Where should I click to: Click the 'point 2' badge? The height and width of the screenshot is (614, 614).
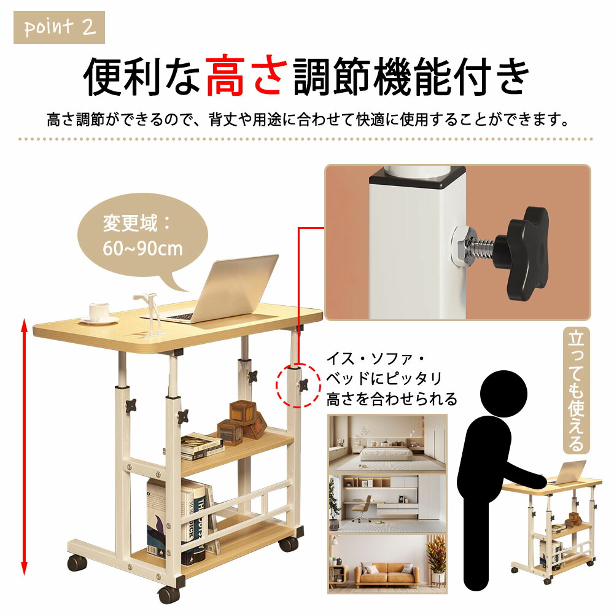tap(59, 28)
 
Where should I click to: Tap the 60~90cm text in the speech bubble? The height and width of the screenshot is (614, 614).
tap(142, 248)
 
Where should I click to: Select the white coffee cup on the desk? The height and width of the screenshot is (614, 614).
tap(99, 313)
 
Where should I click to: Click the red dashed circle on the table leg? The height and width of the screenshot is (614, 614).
tap(298, 386)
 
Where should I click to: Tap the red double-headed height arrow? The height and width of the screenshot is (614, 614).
tap(25, 447)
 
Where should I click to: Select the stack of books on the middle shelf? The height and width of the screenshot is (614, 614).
tap(201, 447)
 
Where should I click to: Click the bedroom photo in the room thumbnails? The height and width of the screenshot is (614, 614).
tap(387, 444)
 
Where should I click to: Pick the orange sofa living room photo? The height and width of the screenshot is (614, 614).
tap(387, 563)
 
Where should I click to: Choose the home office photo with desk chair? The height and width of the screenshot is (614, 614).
tap(387, 503)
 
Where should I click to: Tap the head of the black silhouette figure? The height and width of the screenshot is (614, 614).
tap(503, 394)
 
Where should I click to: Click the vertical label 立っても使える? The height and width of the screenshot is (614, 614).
tap(576, 391)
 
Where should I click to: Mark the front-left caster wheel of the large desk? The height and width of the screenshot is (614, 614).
tap(77, 562)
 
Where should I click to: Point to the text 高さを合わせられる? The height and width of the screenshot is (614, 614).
tap(392, 399)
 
